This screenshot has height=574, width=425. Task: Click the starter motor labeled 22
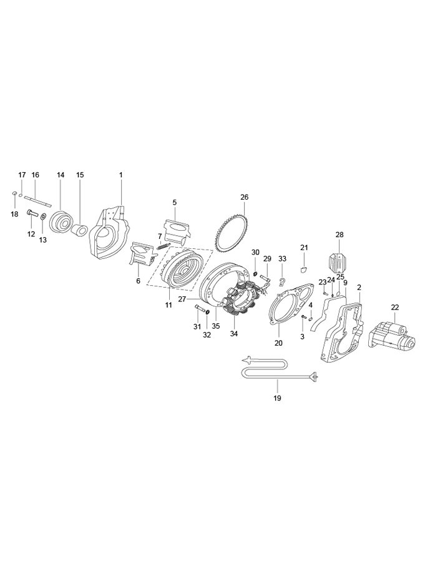(x=392, y=337)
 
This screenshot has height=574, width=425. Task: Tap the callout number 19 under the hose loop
(x=278, y=397)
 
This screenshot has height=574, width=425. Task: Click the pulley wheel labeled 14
(x=61, y=221)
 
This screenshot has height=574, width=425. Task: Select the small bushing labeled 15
(x=80, y=230)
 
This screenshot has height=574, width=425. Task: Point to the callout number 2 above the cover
(x=359, y=288)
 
